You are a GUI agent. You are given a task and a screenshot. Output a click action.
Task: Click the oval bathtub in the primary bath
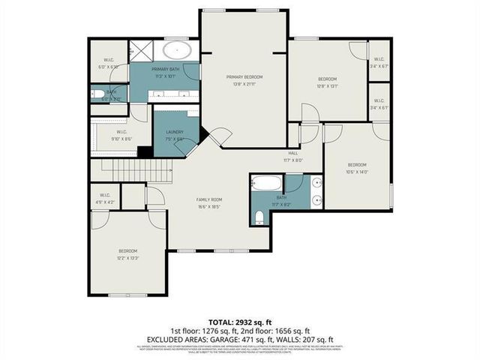click(177, 51)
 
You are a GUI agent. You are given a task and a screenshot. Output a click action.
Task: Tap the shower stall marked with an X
click(141, 51)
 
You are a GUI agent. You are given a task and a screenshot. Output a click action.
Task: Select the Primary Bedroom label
click(244, 79)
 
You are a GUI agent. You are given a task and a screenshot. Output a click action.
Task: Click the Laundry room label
click(174, 135)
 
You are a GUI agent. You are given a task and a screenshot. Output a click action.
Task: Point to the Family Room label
click(208, 202)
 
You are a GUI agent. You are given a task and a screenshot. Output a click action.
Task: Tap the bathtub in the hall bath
click(265, 183)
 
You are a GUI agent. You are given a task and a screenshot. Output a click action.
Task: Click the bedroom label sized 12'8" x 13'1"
click(327, 82)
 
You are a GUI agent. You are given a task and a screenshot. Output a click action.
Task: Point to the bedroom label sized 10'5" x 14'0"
click(356, 167)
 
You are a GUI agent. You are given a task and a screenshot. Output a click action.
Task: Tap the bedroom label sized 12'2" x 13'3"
click(128, 254)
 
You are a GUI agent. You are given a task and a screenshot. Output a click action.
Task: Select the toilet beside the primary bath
click(100, 94)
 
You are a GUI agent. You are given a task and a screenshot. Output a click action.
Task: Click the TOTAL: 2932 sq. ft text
click(239, 320)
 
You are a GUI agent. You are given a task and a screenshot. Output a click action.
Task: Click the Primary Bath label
click(164, 72)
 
